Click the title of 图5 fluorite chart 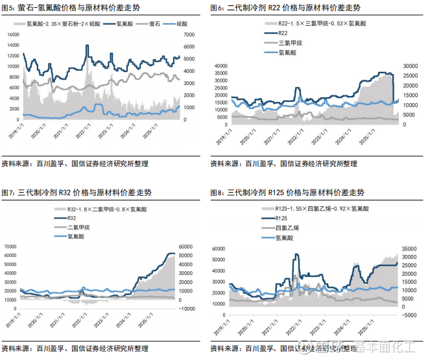[x=75, y=8]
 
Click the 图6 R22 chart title [x=285, y=8]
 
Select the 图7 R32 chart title [x=78, y=193]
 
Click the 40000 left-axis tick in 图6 [x=221, y=66]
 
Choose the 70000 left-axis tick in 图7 [x=11, y=246]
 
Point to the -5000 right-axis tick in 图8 [x=409, y=315]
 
